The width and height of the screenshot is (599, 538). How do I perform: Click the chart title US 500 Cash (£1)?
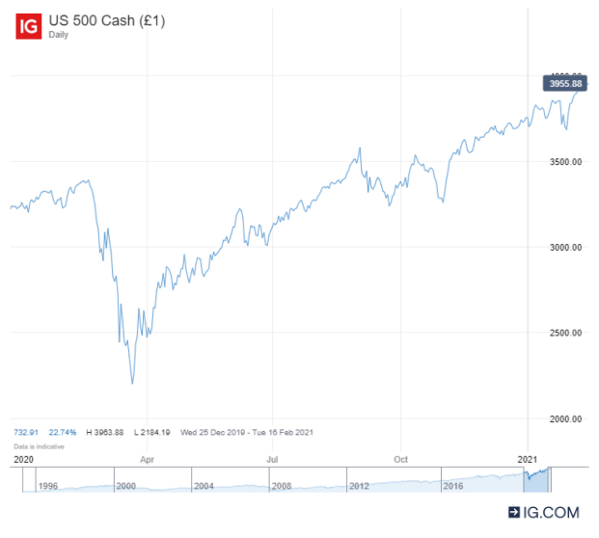[x=108, y=20]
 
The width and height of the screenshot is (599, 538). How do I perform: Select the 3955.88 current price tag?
[x=564, y=84]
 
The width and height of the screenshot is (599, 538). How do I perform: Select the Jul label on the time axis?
[x=273, y=460]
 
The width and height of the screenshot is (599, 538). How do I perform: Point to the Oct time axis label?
[x=400, y=460]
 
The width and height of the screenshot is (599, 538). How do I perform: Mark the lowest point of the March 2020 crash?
[x=132, y=383]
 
